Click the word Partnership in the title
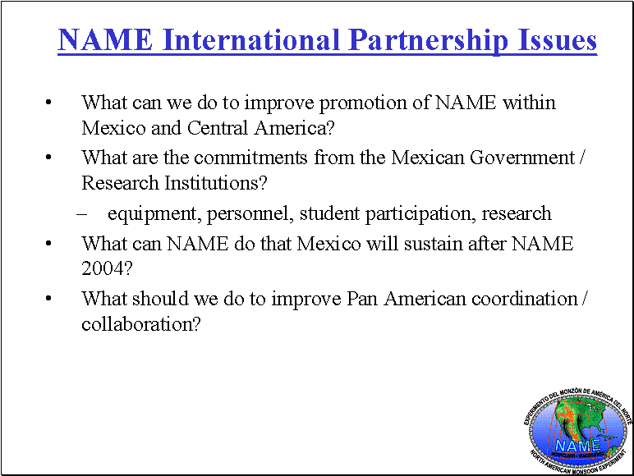(x=428, y=40)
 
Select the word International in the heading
(x=250, y=39)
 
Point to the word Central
(x=217, y=128)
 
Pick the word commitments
(x=250, y=158)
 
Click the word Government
(x=522, y=158)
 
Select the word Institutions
(x=215, y=183)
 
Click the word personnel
(x=250, y=214)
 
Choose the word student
(x=329, y=213)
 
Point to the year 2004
(x=107, y=268)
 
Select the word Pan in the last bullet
(x=362, y=299)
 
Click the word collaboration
(x=140, y=324)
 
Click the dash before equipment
(x=81, y=214)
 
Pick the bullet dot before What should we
(x=48, y=299)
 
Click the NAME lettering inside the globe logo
(x=578, y=446)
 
